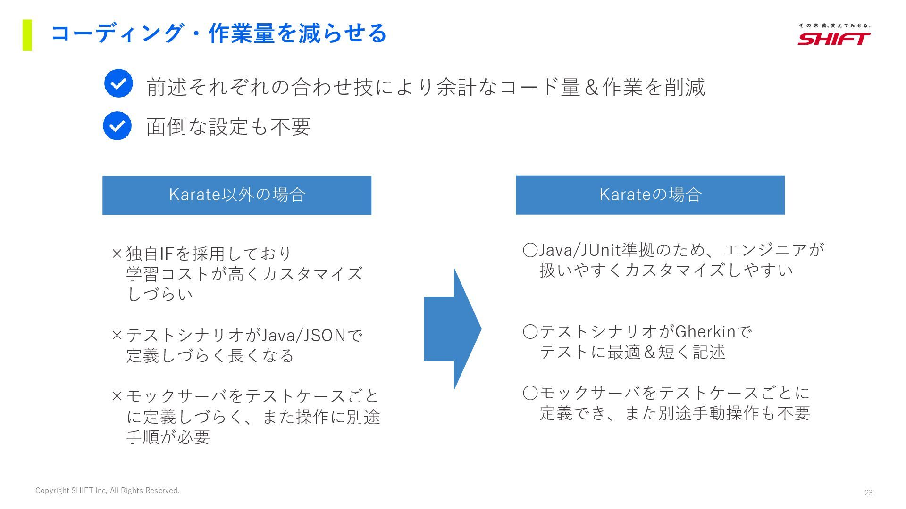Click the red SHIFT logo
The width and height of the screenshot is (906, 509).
click(x=834, y=39)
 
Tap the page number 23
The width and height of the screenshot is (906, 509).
click(x=868, y=493)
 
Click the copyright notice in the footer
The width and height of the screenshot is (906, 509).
click(x=107, y=491)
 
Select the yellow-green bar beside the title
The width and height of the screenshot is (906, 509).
click(x=27, y=35)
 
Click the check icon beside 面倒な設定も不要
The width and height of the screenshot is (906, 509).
click(x=117, y=126)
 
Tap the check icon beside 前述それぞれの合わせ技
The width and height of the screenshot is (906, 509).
click(x=118, y=83)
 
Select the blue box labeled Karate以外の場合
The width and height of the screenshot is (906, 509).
click(x=237, y=195)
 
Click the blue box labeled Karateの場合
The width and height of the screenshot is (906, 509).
click(x=650, y=195)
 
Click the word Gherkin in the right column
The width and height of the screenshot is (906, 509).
click(x=705, y=332)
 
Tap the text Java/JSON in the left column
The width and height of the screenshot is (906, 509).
click(x=303, y=336)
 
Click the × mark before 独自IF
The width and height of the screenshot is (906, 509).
click(x=117, y=254)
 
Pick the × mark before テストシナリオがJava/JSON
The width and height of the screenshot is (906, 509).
click(x=117, y=336)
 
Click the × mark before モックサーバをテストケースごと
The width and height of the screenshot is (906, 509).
click(x=117, y=396)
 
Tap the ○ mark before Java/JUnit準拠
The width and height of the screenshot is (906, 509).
click(x=530, y=250)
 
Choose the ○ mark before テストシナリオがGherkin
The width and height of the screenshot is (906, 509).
click(x=530, y=332)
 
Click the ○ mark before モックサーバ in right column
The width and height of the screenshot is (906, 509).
click(x=530, y=393)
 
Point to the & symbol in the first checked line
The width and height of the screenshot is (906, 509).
click(x=591, y=88)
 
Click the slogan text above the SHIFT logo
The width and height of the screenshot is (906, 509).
click(x=834, y=25)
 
